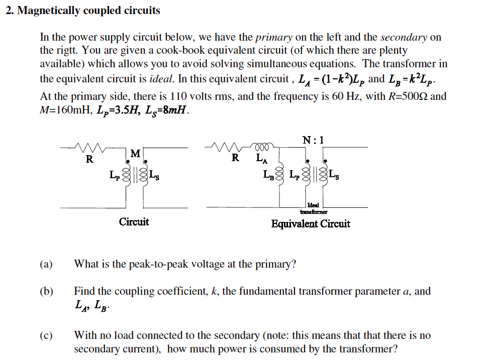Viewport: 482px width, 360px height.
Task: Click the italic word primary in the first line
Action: (x=274, y=37)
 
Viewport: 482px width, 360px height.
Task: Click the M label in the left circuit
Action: (x=135, y=153)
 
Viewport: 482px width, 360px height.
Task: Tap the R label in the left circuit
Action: (x=89, y=160)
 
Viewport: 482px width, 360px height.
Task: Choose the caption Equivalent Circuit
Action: (x=311, y=224)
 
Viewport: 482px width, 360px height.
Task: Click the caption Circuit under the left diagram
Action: (x=134, y=222)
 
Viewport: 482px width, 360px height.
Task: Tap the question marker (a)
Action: (x=46, y=264)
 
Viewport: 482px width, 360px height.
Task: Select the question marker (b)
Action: (x=46, y=291)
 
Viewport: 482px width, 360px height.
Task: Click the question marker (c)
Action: (x=46, y=335)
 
